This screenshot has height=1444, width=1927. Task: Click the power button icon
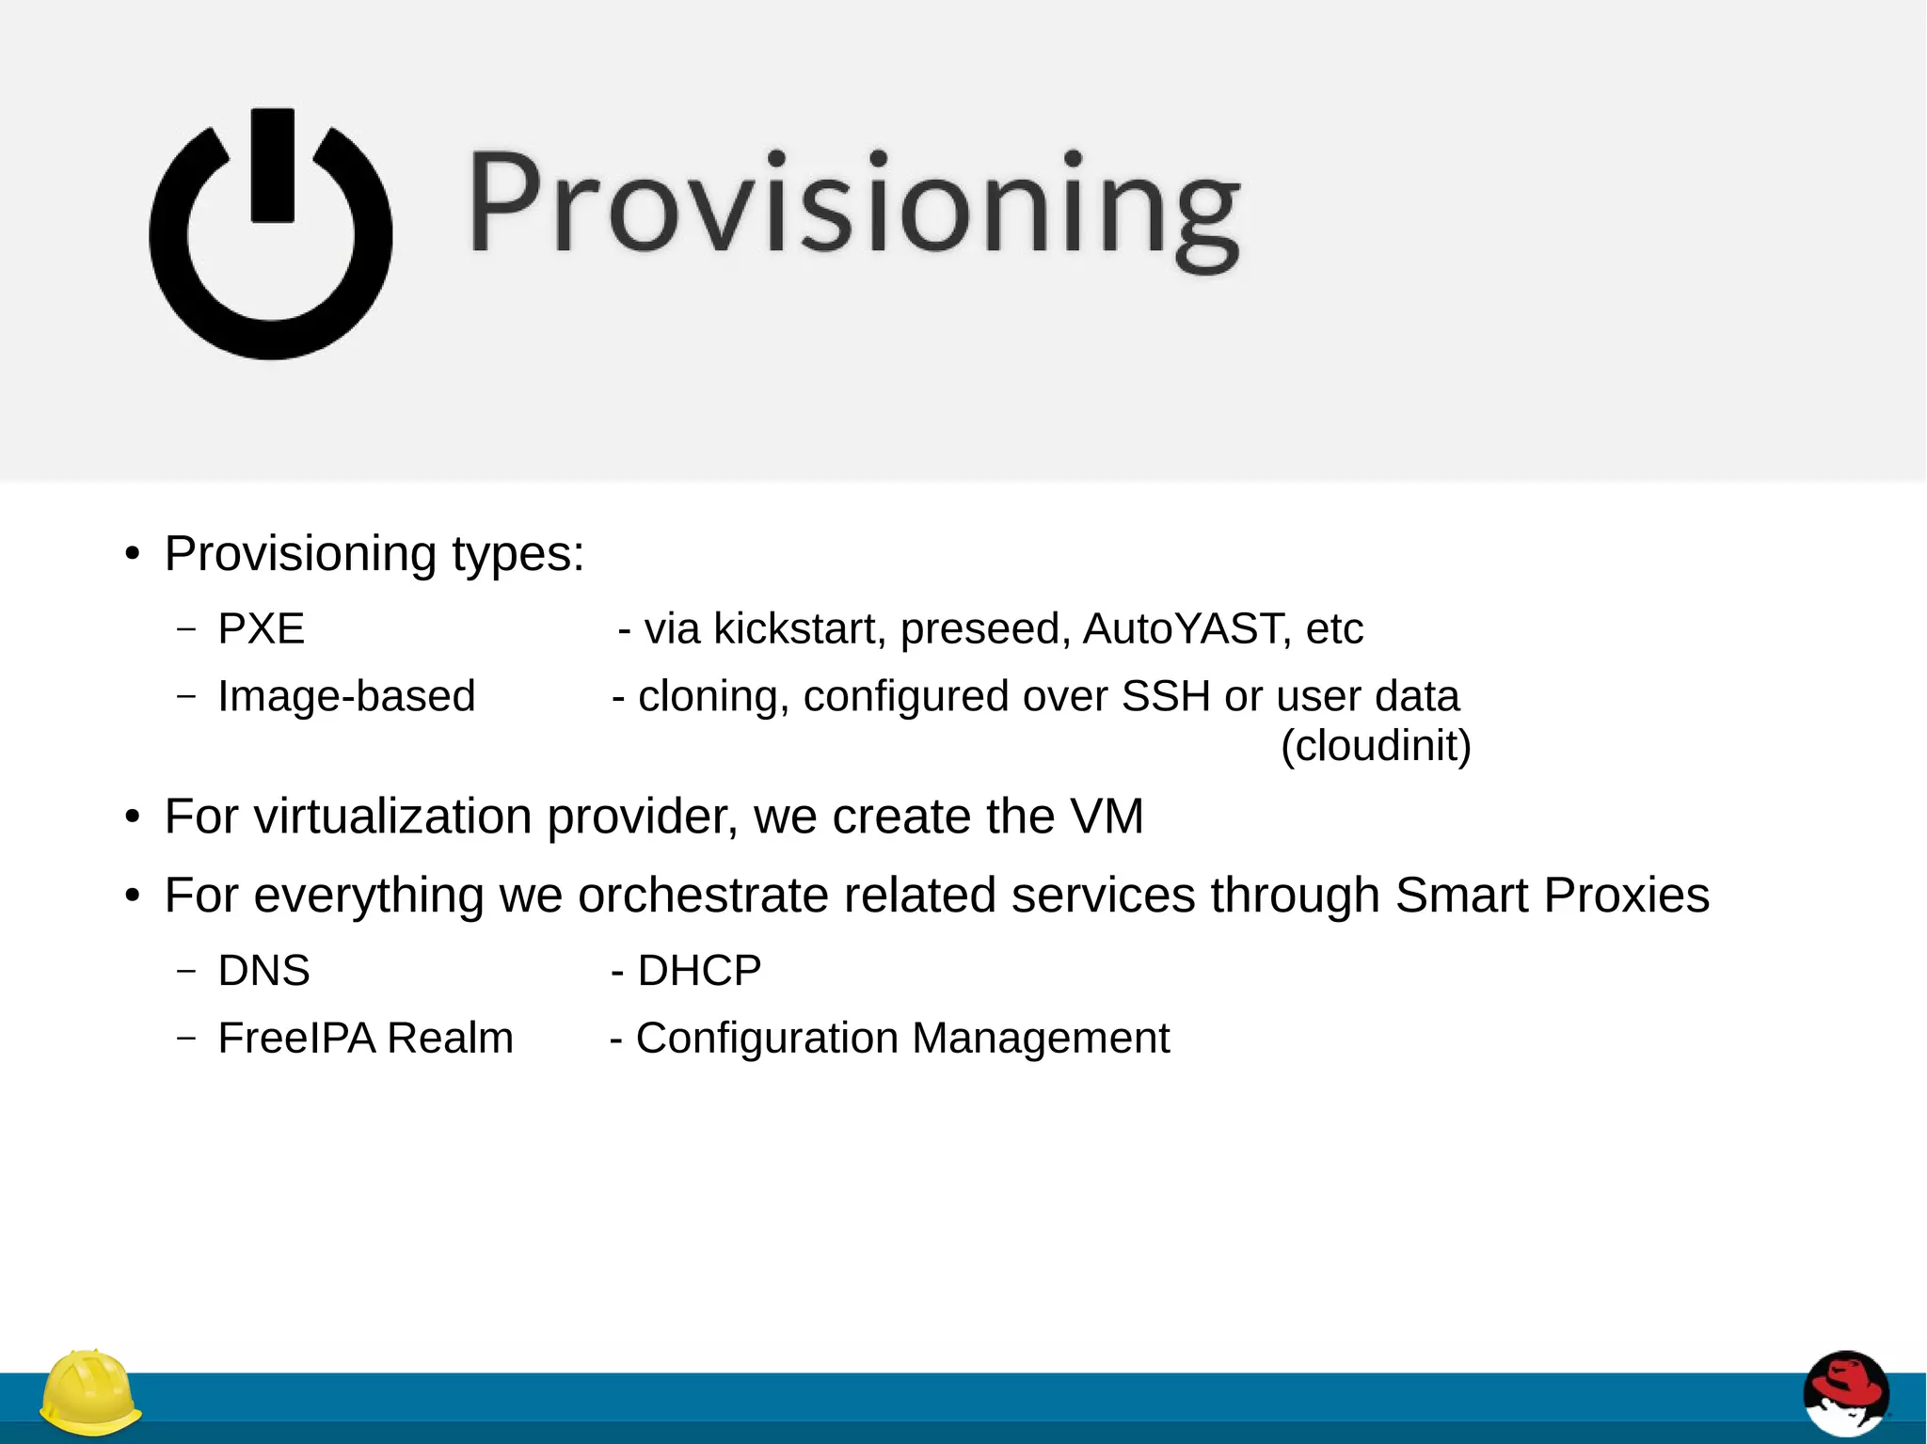[270, 235]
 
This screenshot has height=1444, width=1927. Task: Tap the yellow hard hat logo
[90, 1393]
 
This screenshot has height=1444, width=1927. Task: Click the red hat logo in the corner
[1845, 1393]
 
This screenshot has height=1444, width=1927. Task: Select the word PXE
[262, 629]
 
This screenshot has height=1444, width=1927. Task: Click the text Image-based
[346, 697]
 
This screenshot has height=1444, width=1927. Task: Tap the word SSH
[1165, 697]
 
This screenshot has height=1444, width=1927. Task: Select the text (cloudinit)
[1376, 746]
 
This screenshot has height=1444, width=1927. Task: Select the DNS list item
[263, 971]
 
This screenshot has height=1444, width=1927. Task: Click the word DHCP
[699, 971]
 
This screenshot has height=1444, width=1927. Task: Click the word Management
[1040, 1039]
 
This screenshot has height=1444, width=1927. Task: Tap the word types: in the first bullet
[518, 554]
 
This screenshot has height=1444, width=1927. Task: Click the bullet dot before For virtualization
[133, 817]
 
